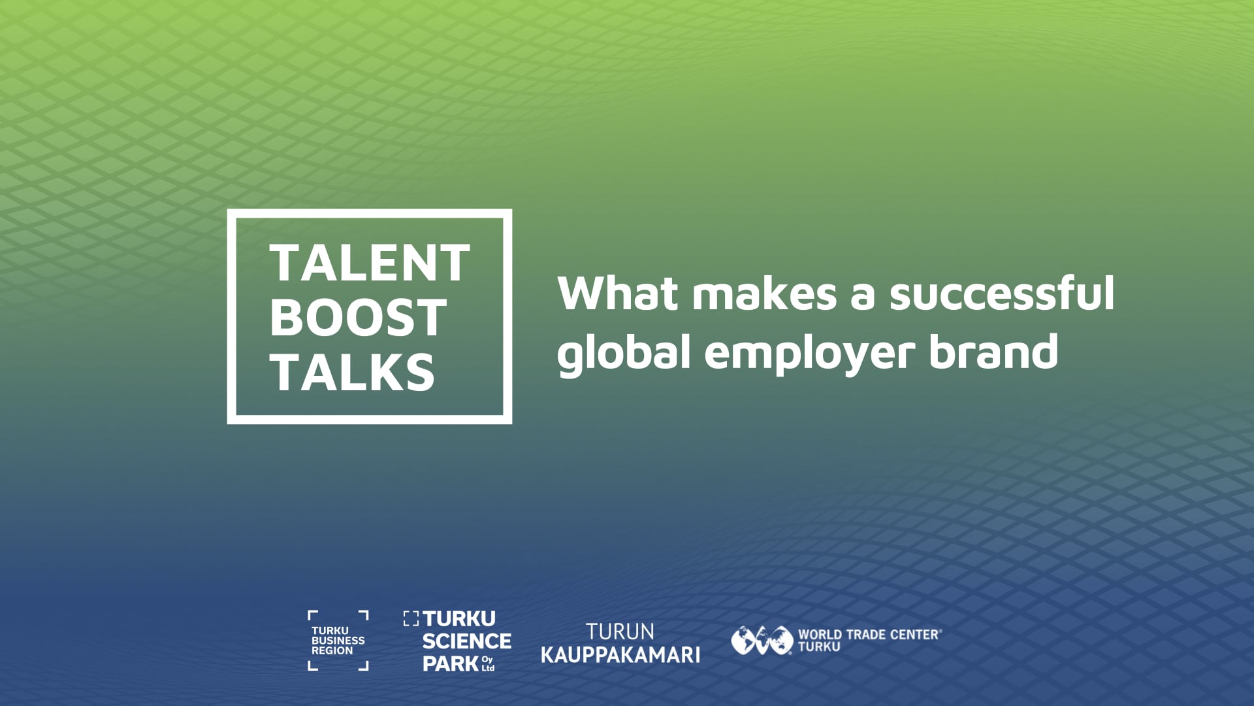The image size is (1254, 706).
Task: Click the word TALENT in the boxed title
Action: [370, 263]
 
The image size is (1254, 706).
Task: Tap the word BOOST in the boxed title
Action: [358, 318]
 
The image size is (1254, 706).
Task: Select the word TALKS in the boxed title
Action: [352, 373]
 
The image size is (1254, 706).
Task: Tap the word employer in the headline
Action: [809, 354]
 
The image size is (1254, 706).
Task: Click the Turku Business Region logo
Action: [338, 641]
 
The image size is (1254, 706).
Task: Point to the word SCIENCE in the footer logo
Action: [467, 641]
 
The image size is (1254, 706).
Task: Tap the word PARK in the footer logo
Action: [451, 664]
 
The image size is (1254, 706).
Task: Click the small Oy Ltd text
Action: [488, 664]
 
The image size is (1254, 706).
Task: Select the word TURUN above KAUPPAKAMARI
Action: [620, 631]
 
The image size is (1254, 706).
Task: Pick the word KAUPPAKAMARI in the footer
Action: [620, 654]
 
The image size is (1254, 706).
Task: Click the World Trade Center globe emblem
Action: [762, 640]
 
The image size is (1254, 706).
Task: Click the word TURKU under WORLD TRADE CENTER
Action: [819, 647]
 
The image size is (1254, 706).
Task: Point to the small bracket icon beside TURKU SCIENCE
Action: [411, 618]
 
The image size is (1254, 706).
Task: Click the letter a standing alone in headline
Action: [862, 295]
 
